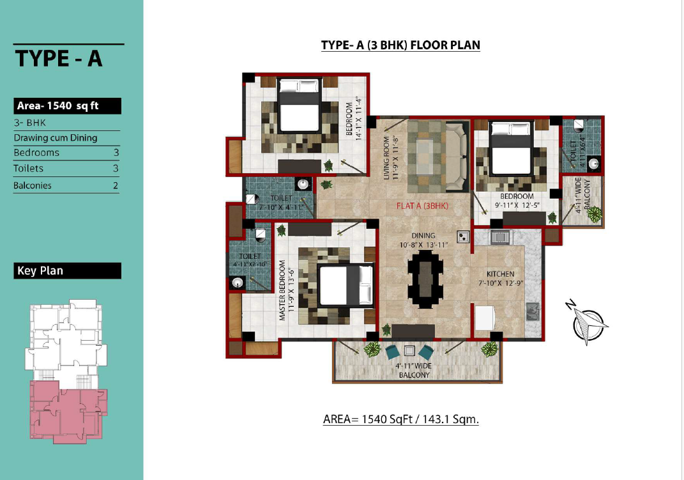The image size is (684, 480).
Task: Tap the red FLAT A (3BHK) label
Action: pyautogui.click(x=422, y=206)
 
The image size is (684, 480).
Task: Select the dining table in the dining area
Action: pyautogui.click(x=425, y=279)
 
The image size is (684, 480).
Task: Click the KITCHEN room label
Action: pyautogui.click(x=500, y=274)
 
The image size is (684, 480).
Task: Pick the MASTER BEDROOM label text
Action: pyautogui.click(x=282, y=290)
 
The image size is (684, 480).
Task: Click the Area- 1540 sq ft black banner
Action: pyautogui.click(x=67, y=106)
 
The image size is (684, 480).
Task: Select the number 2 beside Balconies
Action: pyautogui.click(x=116, y=185)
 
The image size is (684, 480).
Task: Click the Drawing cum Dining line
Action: pyautogui.click(x=56, y=138)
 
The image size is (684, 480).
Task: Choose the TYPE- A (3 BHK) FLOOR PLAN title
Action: pyautogui.click(x=400, y=45)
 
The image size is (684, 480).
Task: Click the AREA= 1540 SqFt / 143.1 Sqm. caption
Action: pyautogui.click(x=401, y=419)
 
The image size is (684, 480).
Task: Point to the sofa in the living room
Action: pyautogui.click(x=456, y=157)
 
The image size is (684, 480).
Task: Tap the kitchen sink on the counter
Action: pyautogui.click(x=532, y=311)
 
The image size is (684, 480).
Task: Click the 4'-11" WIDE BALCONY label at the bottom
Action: pyautogui.click(x=414, y=371)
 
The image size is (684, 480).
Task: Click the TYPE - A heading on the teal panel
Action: pyautogui.click(x=59, y=58)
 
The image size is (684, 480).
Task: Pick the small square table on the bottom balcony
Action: pyautogui.click(x=409, y=350)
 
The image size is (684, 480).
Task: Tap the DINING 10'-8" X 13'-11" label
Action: pyautogui.click(x=423, y=240)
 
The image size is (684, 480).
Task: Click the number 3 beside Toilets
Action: pyautogui.click(x=116, y=169)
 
